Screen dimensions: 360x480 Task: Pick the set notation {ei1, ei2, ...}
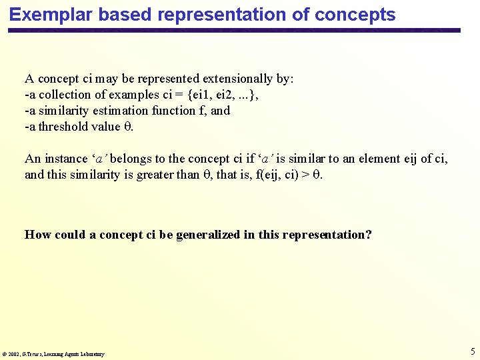[209, 95]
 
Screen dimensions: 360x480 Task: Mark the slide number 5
[473, 351]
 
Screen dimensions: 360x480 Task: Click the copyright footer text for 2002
[53, 354]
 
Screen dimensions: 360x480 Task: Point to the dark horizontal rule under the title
[233, 31]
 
